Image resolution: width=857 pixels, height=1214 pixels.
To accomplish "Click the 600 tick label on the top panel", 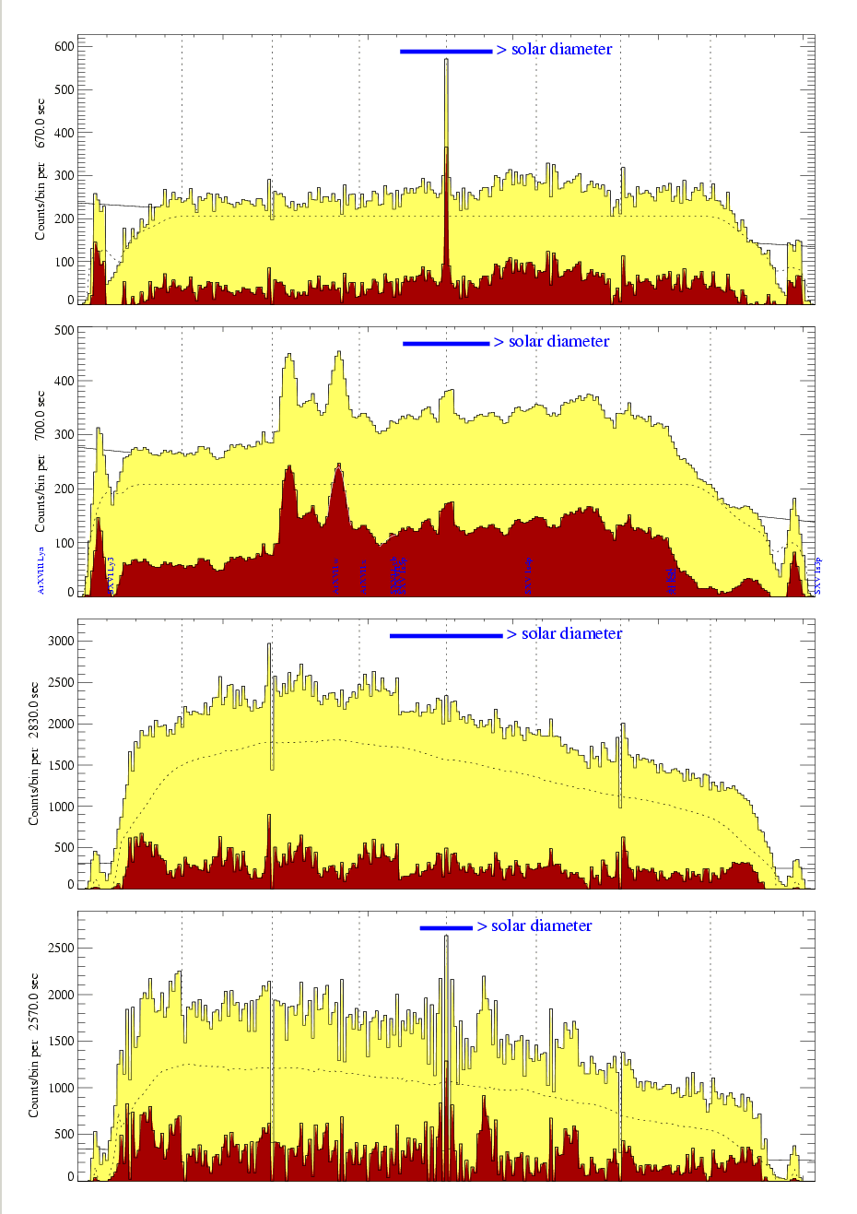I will [x=63, y=46].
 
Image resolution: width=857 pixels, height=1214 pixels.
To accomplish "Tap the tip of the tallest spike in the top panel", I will [x=446, y=60].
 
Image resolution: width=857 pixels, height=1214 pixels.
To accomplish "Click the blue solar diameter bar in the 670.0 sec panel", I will [x=446, y=52].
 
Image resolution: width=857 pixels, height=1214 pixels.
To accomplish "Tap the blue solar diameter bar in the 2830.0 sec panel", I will [x=446, y=635].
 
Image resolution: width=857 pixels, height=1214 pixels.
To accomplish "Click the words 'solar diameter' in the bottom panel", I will [x=541, y=925].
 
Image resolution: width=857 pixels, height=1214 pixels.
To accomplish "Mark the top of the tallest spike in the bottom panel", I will [x=446, y=937].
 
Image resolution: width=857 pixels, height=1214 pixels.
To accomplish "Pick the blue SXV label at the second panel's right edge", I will [x=817, y=576].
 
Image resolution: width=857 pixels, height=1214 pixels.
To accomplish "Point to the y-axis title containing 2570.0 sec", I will [x=34, y=1045].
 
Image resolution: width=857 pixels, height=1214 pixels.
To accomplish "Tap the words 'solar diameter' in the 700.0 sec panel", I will [x=558, y=342].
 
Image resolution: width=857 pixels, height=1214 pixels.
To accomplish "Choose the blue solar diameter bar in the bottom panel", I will [x=446, y=927].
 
